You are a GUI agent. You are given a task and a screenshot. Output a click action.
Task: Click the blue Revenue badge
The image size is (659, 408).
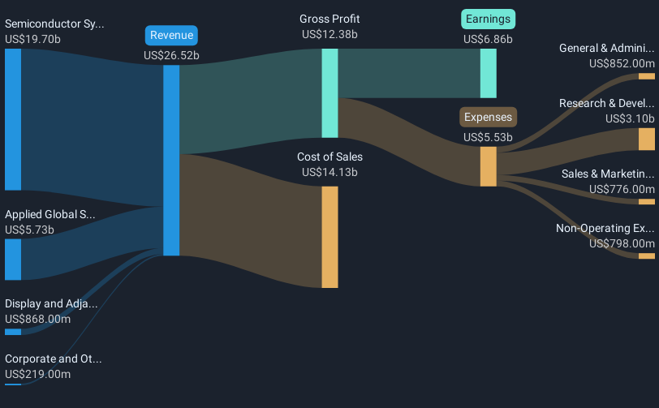pos(171,36)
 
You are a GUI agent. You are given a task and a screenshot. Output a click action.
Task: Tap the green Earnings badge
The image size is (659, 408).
pos(488,19)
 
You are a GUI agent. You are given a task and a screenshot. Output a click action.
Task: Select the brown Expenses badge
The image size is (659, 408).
pos(488,118)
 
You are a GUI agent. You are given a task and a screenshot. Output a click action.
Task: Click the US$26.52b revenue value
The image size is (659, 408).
pos(171,55)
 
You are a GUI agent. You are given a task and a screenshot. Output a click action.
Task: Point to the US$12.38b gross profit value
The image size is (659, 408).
pos(329,34)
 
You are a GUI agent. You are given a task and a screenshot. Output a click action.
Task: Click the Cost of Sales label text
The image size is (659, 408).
pos(330,157)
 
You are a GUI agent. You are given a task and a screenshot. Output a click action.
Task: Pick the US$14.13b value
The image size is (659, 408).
pos(329,172)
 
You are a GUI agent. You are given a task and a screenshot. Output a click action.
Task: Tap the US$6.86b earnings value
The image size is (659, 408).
pos(488,39)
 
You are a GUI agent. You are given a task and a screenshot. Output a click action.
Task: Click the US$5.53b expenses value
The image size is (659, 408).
pos(488,137)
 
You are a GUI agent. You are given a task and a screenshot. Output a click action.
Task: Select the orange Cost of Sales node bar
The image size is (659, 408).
pos(330,238)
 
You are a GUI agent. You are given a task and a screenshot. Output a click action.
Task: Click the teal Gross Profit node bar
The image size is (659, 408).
pos(330,93)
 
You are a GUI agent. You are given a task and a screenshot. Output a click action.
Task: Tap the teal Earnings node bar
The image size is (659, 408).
pos(489,74)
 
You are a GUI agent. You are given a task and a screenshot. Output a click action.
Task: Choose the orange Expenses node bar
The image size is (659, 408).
pos(489,166)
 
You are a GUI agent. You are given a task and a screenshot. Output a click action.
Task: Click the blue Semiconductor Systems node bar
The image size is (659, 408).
pos(13,119)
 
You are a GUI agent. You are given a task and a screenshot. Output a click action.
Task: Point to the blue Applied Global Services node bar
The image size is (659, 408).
pos(13,260)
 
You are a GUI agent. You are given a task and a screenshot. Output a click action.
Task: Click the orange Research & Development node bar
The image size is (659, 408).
pos(647,139)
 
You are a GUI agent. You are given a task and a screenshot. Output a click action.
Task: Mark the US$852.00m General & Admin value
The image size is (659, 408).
pos(622,63)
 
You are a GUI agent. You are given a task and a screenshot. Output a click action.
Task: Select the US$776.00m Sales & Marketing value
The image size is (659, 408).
pos(622,189)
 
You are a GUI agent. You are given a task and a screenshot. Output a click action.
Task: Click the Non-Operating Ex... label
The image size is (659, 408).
pos(605,228)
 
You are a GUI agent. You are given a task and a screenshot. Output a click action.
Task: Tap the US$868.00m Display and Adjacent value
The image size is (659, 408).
pos(38,320)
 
